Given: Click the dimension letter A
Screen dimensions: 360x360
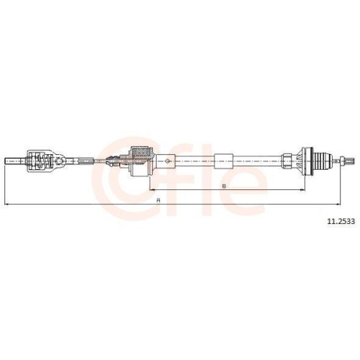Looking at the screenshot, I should pos(156,201).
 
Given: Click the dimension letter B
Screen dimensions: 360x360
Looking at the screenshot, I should pos(225,186).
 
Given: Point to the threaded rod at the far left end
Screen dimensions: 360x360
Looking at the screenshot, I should pos(14,161).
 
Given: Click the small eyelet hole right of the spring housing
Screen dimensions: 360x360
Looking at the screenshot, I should pos(66,161).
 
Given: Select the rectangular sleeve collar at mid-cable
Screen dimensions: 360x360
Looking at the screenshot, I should pos(225,158).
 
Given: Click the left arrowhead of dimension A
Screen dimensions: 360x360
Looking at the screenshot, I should pos(6,205).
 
